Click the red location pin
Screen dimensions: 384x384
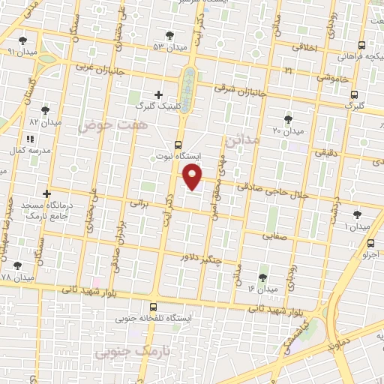193,177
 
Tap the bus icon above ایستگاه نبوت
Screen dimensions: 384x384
178,145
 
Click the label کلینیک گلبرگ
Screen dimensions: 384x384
158,106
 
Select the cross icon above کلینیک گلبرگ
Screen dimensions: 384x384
157,94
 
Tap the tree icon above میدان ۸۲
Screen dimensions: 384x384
45,109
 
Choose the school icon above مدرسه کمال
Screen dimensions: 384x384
30,139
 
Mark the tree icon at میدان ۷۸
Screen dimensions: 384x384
17,265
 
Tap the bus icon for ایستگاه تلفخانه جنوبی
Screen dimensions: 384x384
153,307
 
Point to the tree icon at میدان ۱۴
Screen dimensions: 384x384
262,277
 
